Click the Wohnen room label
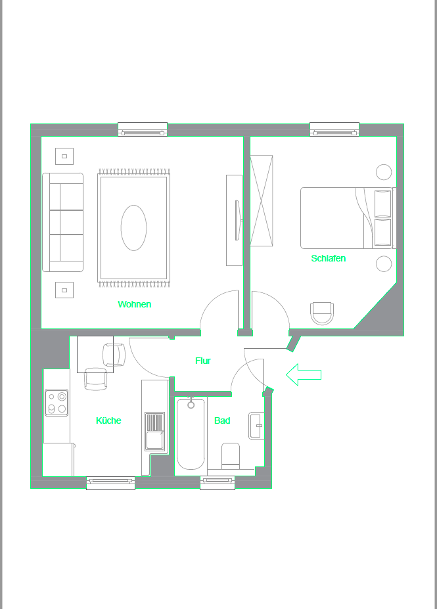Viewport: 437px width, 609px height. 134,304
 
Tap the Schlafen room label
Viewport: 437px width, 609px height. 328,258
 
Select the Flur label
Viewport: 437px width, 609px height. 203,361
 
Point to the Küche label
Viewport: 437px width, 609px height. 108,420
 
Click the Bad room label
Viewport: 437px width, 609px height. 222,420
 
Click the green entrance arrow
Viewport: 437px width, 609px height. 303,374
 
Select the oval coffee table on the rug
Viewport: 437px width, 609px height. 133,228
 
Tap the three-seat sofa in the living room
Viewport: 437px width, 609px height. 63,222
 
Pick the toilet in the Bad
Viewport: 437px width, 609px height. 231,455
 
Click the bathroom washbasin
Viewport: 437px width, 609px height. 256,426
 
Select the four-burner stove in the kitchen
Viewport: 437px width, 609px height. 57,403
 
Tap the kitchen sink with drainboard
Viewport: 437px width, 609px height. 155,432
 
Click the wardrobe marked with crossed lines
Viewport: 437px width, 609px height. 261,200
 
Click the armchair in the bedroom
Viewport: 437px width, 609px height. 322,313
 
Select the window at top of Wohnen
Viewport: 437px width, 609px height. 142,129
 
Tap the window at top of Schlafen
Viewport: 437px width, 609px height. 334,129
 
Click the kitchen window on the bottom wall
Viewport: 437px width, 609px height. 110,483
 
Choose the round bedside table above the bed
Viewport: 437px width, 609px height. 384,172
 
